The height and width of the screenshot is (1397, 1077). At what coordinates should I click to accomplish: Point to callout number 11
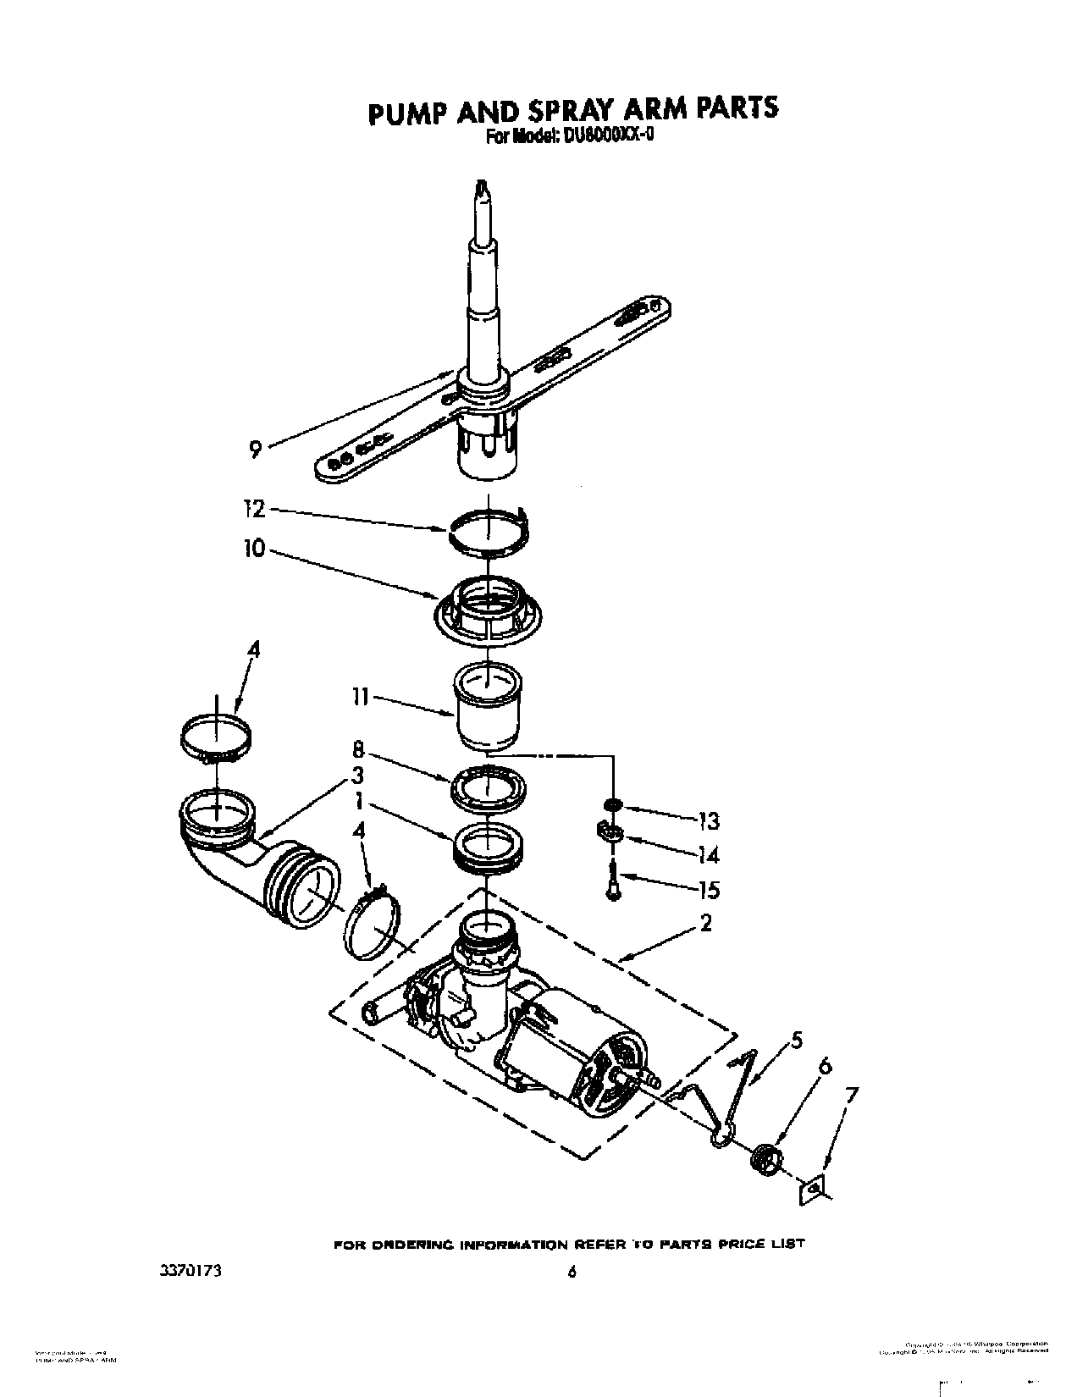[360, 698]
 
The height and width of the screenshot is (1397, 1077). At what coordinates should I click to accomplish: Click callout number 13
[709, 820]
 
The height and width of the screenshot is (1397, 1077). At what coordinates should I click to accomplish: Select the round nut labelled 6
[765, 1156]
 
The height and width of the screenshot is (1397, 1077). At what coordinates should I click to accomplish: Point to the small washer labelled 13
[611, 804]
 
